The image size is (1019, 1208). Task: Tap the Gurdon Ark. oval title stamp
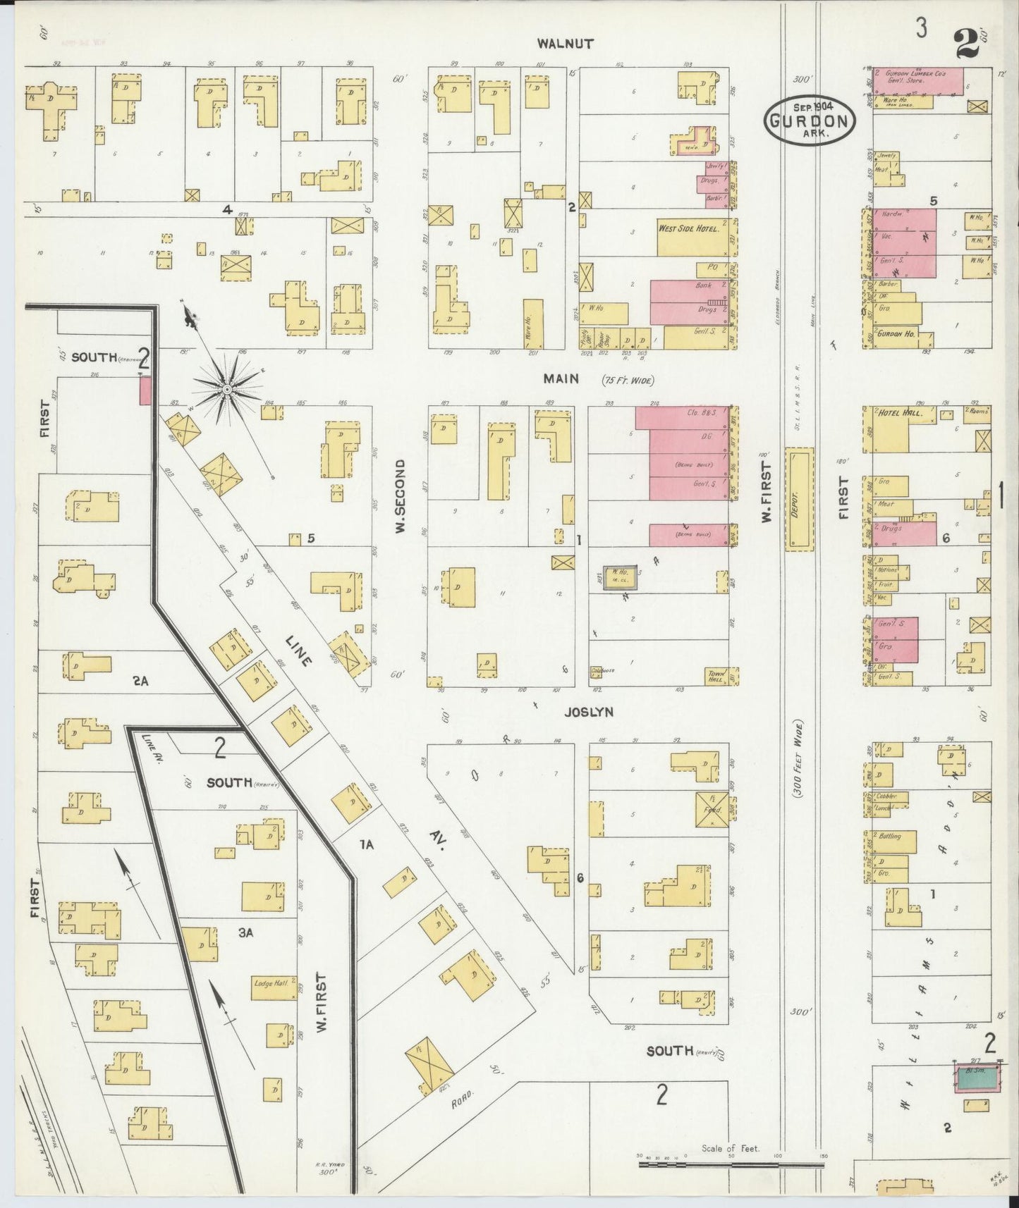tap(810, 119)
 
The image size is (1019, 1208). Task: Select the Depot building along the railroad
tap(798, 499)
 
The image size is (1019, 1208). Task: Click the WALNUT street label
tap(566, 43)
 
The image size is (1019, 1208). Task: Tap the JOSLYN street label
tap(589, 712)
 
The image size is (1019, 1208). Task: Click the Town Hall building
tap(717, 675)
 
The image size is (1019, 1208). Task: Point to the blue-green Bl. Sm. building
tap(977, 1078)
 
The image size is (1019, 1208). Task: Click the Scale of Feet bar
tap(731, 1164)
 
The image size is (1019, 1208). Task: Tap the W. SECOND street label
tap(399, 497)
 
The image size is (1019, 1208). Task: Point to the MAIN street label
tap(561, 379)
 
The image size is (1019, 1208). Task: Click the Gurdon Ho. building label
tap(896, 333)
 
